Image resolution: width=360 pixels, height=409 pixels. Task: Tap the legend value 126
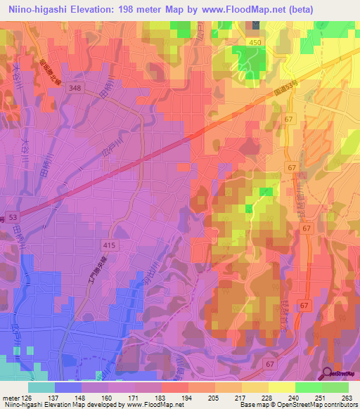(27, 397)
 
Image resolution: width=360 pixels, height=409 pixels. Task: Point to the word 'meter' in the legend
(10, 397)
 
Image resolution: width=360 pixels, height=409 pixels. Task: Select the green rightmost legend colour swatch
(335, 387)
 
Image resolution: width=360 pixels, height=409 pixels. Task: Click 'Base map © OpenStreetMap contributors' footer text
(295, 405)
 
